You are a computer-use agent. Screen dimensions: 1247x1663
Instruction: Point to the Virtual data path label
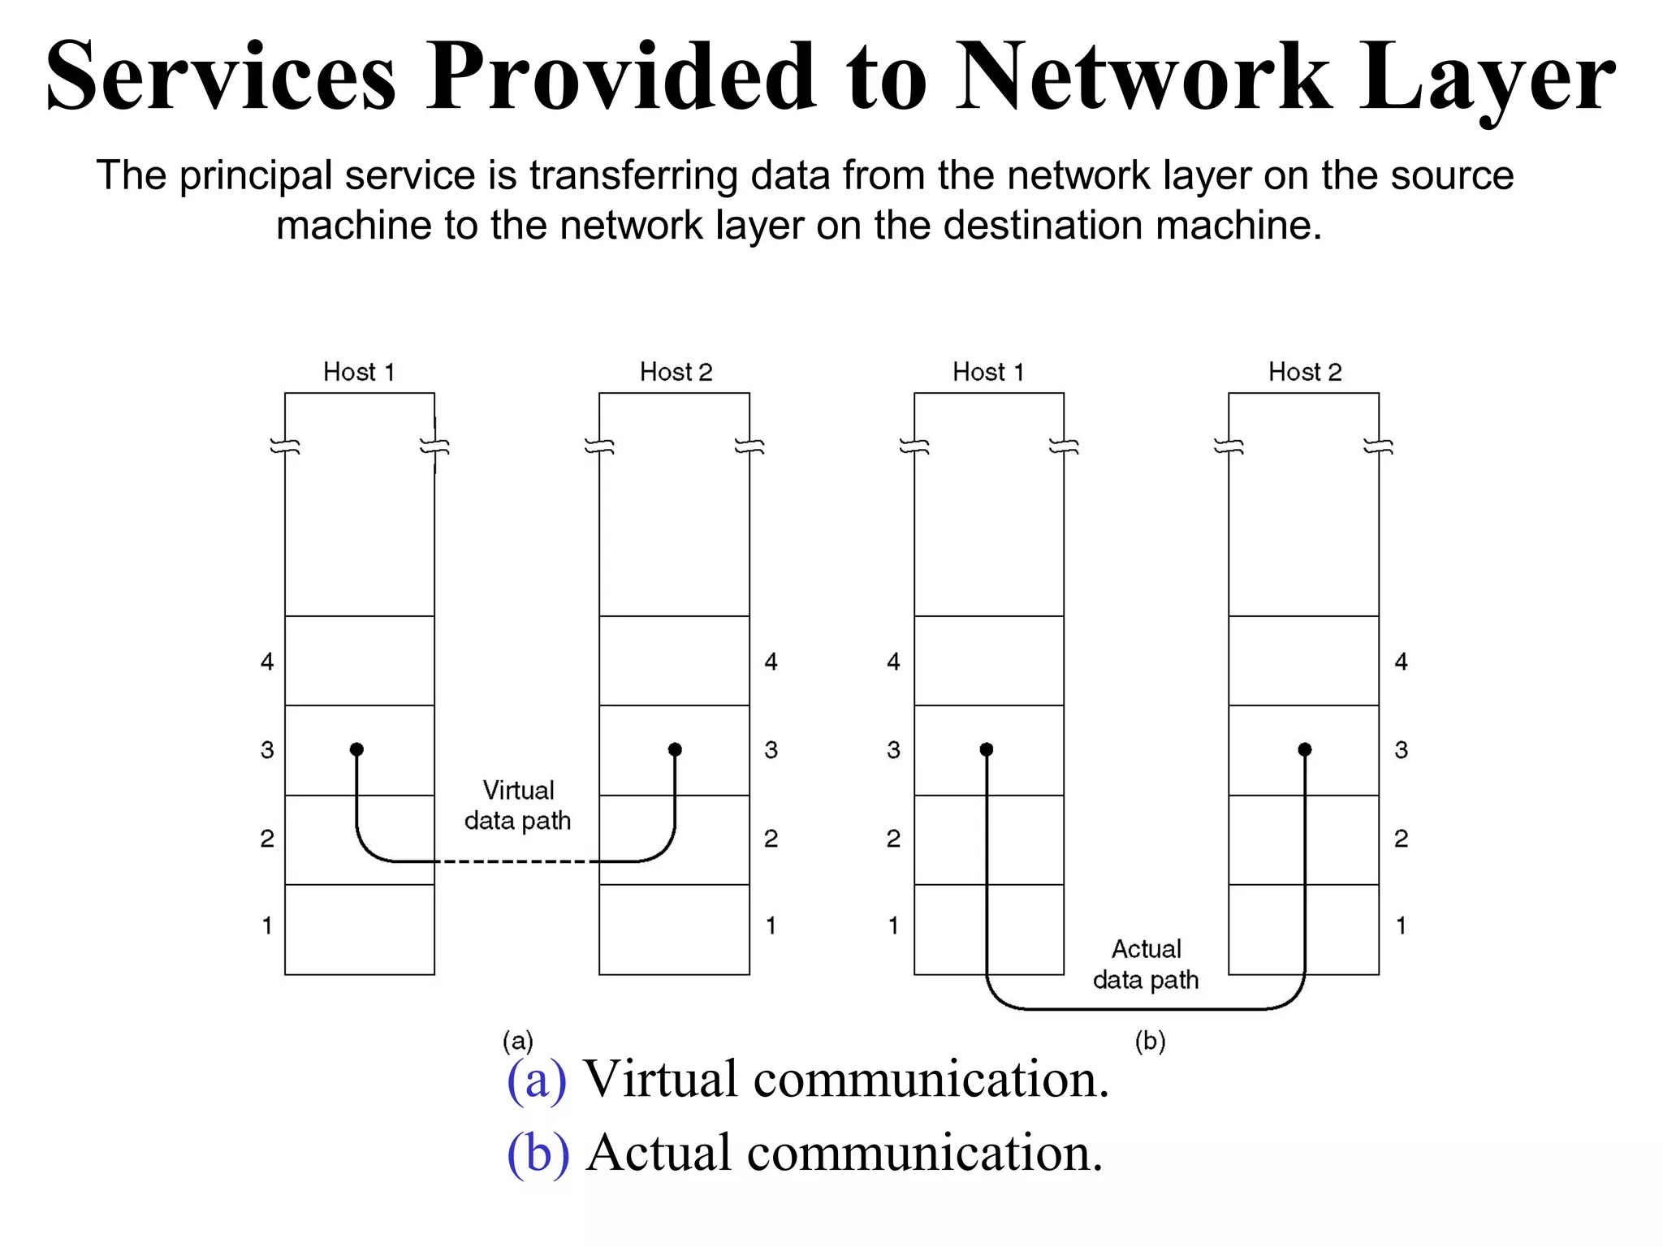[x=518, y=805]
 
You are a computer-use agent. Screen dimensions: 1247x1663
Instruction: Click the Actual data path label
[x=1146, y=964]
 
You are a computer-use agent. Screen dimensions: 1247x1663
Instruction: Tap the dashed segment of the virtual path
[x=517, y=861]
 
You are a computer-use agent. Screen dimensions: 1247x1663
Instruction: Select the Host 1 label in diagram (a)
[x=359, y=372]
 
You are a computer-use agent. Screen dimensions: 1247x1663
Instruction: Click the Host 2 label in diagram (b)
[x=1305, y=372]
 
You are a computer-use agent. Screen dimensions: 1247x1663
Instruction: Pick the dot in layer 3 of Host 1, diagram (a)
[x=356, y=749]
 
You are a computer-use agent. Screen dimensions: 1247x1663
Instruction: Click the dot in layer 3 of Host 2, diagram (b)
[x=1305, y=749]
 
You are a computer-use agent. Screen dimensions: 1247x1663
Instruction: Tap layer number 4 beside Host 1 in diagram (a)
[x=267, y=662]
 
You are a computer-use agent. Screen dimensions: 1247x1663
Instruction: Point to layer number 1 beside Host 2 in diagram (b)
[x=1401, y=926]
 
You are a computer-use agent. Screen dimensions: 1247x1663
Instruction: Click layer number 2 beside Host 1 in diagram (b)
[x=893, y=839]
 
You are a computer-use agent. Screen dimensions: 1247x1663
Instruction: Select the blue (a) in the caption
[x=536, y=1080]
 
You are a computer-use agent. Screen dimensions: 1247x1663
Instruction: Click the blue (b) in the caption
[x=538, y=1153]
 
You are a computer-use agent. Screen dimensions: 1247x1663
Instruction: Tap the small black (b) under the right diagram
[x=1150, y=1041]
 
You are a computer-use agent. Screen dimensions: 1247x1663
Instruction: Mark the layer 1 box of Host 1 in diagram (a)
[x=360, y=929]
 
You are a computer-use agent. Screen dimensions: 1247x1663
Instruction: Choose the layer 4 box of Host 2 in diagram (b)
[x=1303, y=661]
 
